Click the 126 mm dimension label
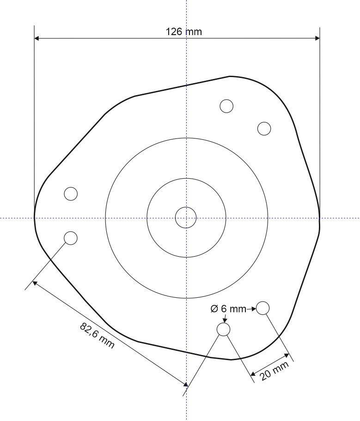click(184, 32)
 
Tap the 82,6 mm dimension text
click(97, 336)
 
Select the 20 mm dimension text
click(275, 371)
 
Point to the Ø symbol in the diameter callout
click(214, 309)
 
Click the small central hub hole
click(186, 217)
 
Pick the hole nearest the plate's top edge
click(226, 106)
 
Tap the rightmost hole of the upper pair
click(264, 128)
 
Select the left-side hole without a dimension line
click(71, 194)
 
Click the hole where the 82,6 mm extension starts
click(71, 238)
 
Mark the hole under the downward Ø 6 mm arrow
click(223, 329)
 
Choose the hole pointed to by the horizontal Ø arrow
click(262, 308)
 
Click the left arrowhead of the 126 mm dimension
click(37, 38)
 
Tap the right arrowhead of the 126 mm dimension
click(317, 38)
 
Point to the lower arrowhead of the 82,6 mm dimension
click(185, 384)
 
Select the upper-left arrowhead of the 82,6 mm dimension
click(35, 282)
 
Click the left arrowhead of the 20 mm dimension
click(253, 373)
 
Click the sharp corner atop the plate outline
click(230, 76)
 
